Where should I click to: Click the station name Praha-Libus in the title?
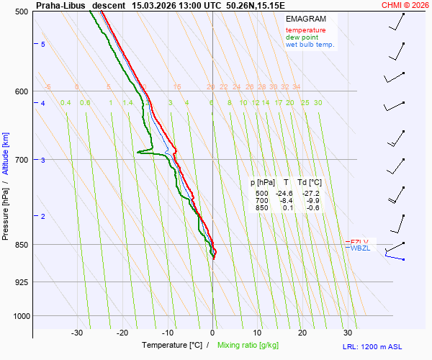pos(60,5)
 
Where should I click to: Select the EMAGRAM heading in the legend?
pos(305,18)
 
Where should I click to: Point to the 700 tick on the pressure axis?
pos(22,159)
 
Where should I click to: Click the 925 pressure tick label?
pos(22,282)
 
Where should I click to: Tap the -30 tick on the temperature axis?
pos(77,333)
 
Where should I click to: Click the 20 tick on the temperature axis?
pos(302,333)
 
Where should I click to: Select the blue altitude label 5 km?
pos(43,45)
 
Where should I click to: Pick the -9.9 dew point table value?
pos(312,201)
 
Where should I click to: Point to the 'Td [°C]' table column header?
pos(310,183)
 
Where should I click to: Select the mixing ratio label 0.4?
pos(66,103)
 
